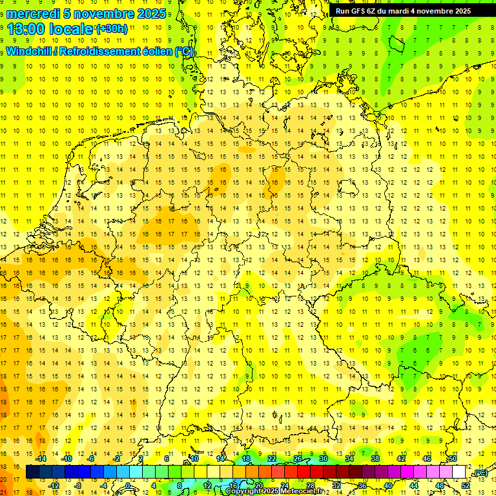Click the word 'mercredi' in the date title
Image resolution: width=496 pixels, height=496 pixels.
pyautogui.click(x=34, y=13)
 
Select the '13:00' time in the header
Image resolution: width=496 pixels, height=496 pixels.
pyautogui.click(x=28, y=29)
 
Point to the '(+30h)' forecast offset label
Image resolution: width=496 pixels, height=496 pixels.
pyautogui.click(x=111, y=29)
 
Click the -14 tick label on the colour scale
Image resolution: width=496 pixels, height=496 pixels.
pyautogui.click(x=41, y=459)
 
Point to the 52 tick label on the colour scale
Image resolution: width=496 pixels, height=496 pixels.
pyautogui.click(x=466, y=485)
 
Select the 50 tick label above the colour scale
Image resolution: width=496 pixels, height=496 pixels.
pyautogui.click(x=453, y=459)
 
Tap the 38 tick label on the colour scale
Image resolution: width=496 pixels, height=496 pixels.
pyautogui.click(x=375, y=459)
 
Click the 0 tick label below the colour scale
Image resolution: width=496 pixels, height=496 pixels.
pyautogui.click(x=128, y=485)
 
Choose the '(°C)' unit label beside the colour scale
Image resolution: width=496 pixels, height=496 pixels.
pyautogui.click(x=480, y=473)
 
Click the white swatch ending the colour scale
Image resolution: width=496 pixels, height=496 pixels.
pyautogui.click(x=459, y=472)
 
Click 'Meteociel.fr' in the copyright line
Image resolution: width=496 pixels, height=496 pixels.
pyautogui.click(x=302, y=491)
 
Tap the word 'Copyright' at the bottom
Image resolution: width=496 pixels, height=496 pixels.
pyautogui.click(x=244, y=491)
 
